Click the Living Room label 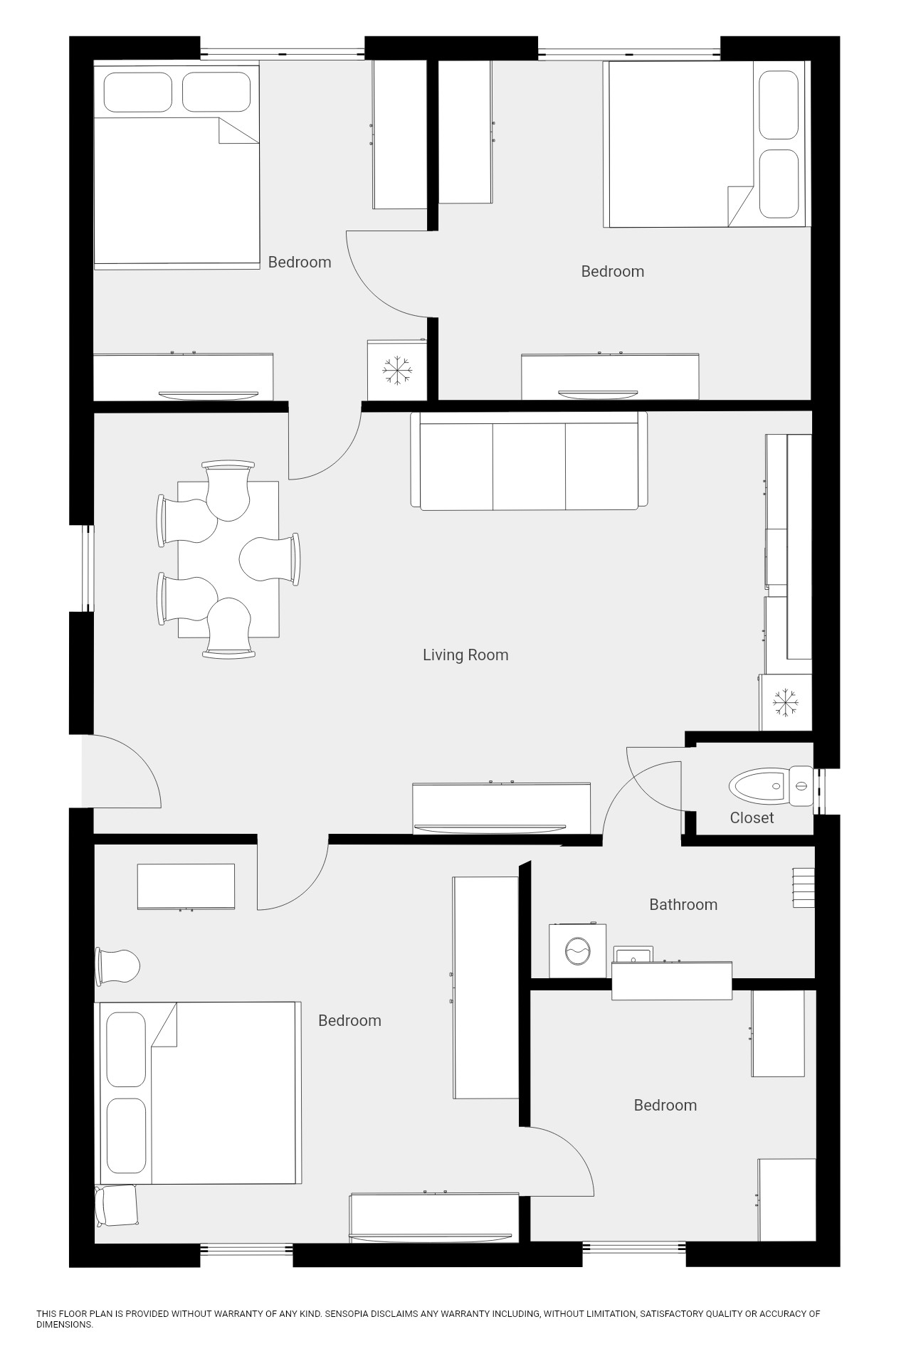(x=465, y=655)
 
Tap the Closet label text (x=752, y=817)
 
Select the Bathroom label (x=683, y=904)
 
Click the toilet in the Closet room (x=772, y=786)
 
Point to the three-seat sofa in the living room (x=529, y=461)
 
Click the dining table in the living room (x=228, y=559)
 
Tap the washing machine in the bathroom (x=576, y=951)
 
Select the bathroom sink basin (x=633, y=954)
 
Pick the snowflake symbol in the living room (x=785, y=701)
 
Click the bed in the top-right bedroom (x=707, y=144)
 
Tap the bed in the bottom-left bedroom (x=197, y=1093)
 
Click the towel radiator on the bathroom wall (x=804, y=887)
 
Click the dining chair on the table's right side (x=270, y=559)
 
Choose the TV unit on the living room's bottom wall (x=502, y=808)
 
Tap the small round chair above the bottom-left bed (x=117, y=967)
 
